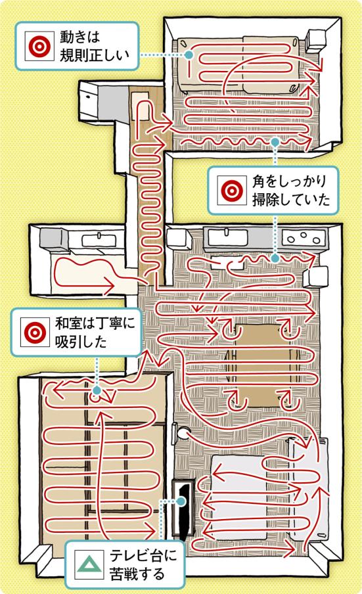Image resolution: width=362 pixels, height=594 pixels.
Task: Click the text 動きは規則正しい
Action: tap(95, 46)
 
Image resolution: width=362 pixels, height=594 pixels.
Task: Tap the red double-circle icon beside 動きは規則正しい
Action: tap(39, 47)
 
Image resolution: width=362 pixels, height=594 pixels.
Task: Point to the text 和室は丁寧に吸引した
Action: tap(95, 332)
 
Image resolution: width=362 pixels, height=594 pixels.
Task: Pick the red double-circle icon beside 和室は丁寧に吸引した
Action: tap(35, 332)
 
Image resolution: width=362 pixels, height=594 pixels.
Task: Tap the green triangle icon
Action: tap(89, 565)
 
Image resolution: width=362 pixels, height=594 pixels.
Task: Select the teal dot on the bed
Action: tap(189, 55)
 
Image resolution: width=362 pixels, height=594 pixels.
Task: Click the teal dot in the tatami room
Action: tap(97, 390)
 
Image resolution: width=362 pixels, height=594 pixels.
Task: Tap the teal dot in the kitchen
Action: tap(275, 258)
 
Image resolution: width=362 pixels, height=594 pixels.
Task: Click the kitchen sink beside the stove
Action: tap(226, 239)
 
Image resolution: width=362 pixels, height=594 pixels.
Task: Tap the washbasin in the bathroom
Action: tap(99, 240)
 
